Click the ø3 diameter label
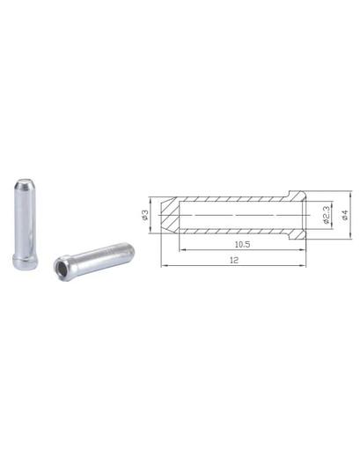(x=144, y=215)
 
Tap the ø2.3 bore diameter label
(x=326, y=215)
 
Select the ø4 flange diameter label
(x=345, y=215)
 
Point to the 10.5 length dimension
(x=242, y=244)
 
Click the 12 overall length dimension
(x=234, y=260)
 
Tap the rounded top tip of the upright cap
(x=25, y=181)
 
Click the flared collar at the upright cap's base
(x=26, y=261)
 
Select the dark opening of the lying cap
(x=61, y=268)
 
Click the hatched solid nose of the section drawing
(x=170, y=215)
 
